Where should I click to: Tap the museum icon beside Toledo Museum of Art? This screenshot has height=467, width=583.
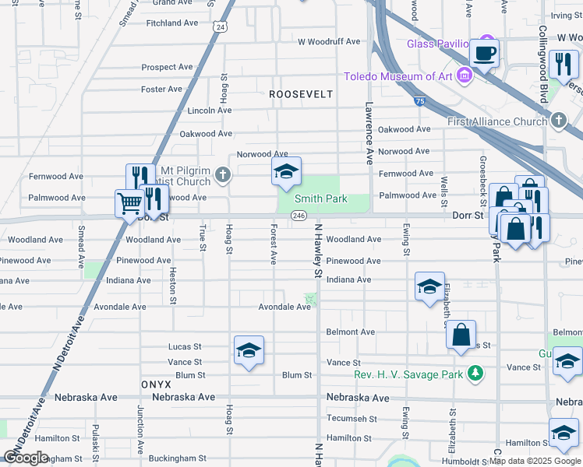[x=465, y=76]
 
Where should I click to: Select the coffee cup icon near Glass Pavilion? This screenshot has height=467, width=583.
[x=485, y=54]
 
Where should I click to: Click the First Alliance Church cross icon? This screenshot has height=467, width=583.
[x=558, y=121]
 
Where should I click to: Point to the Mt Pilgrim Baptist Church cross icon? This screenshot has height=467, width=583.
[x=224, y=174]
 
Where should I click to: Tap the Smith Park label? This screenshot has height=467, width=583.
[x=320, y=199]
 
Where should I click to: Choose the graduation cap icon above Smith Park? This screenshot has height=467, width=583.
[x=286, y=172]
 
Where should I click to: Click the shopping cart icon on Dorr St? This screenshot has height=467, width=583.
[x=129, y=204]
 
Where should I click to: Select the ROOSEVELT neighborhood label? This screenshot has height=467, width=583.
[x=301, y=94]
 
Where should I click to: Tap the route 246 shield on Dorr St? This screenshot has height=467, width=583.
[x=299, y=216]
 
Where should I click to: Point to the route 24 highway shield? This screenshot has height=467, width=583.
[x=221, y=27]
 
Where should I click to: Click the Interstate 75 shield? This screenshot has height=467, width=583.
[x=419, y=100]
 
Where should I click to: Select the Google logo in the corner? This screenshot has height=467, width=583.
[x=26, y=458]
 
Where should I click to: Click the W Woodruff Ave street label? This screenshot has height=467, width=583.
[x=329, y=41]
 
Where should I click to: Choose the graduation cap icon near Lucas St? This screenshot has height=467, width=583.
[x=249, y=350]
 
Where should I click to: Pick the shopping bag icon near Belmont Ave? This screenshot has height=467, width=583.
[x=461, y=335]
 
